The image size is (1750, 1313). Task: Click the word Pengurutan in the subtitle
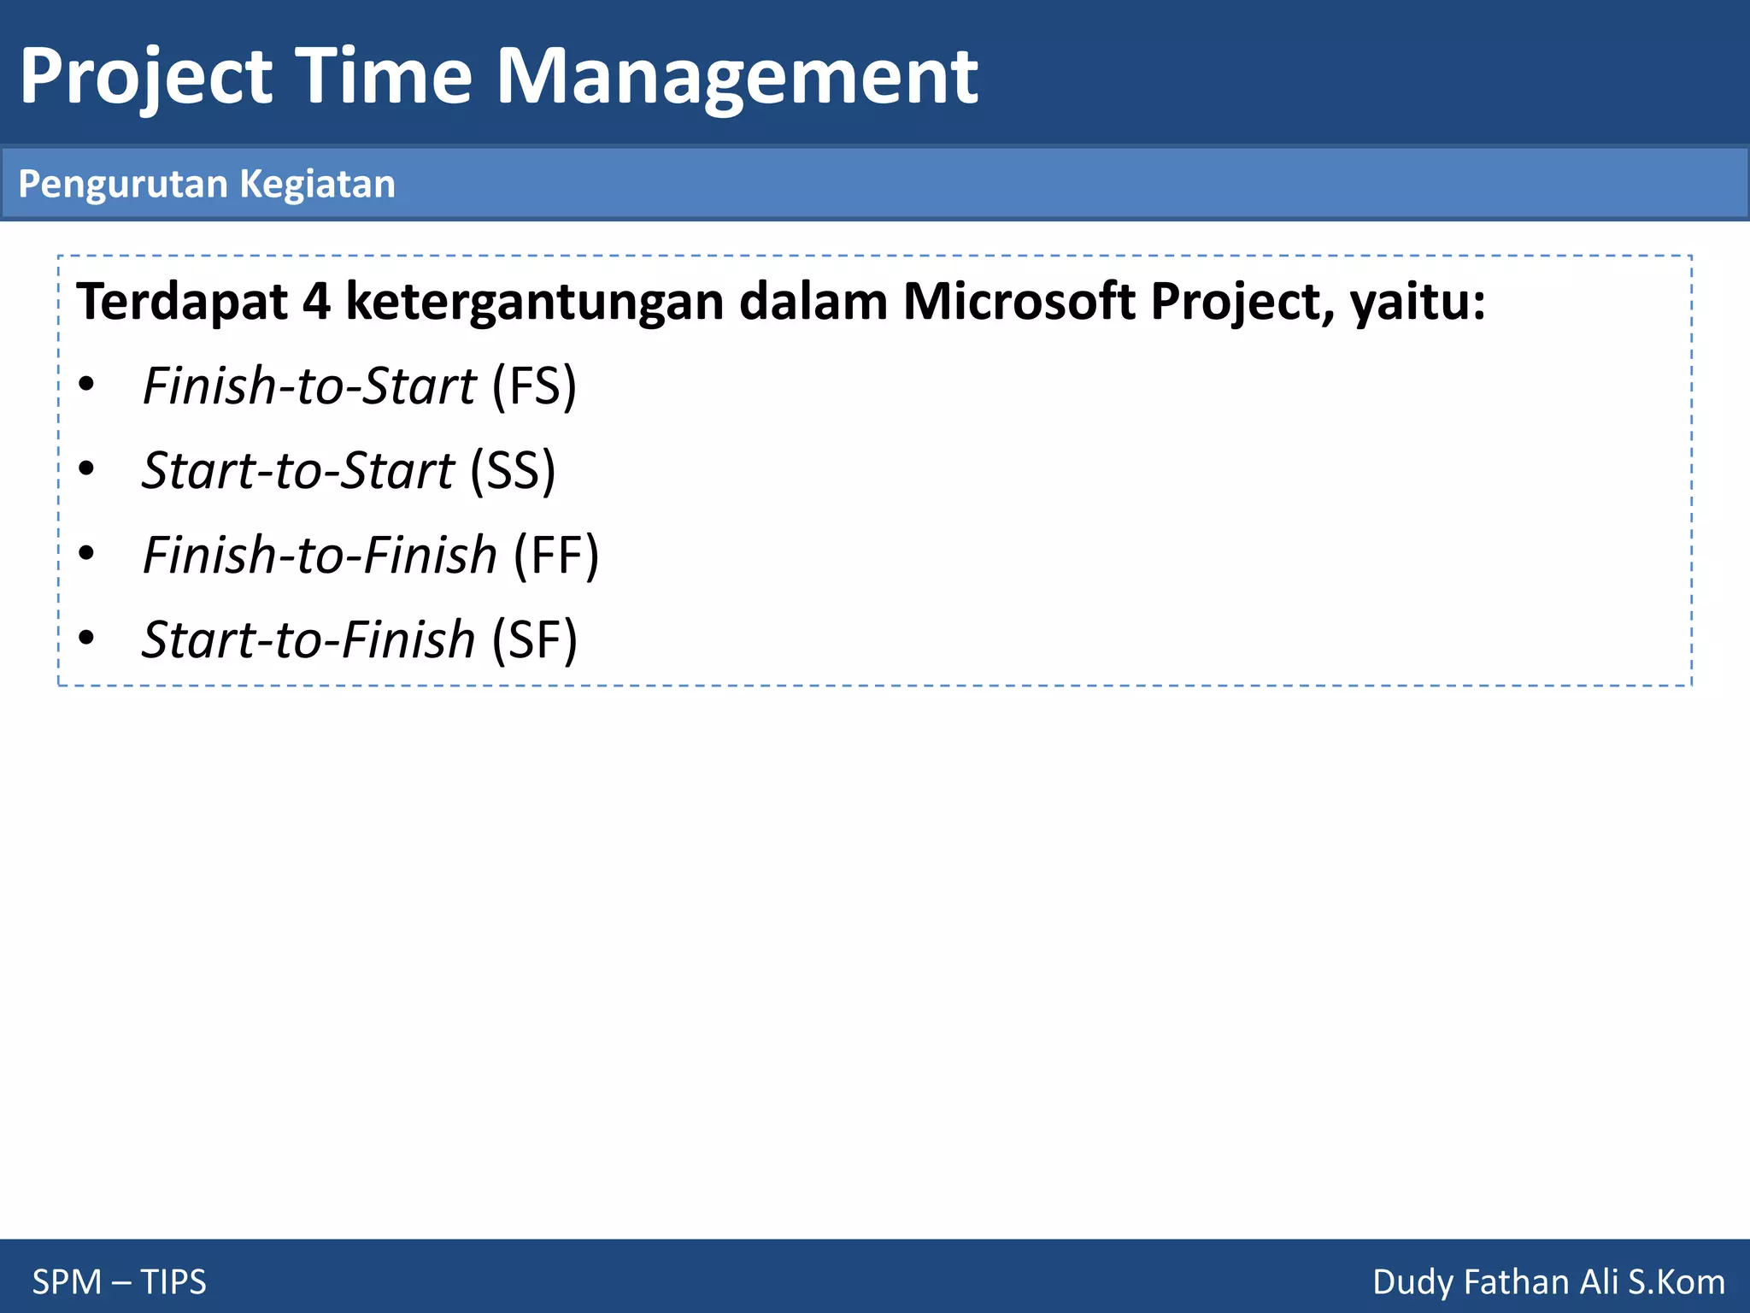click(x=123, y=185)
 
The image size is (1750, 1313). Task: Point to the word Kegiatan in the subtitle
click(x=317, y=185)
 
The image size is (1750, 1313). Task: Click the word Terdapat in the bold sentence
click(x=182, y=302)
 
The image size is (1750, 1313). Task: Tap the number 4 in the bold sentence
click(x=316, y=302)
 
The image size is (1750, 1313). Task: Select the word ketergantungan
click(x=534, y=302)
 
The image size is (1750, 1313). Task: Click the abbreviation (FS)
click(x=534, y=386)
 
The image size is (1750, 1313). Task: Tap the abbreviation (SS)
click(x=513, y=471)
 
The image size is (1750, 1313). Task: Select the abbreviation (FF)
click(x=556, y=556)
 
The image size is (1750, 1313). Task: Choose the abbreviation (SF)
click(x=535, y=640)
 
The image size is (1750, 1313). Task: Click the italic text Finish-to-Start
click(x=309, y=386)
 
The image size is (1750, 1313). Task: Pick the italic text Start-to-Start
click(x=298, y=471)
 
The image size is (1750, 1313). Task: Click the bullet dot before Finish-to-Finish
click(x=86, y=554)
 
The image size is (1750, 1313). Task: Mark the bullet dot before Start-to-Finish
click(x=86, y=638)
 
